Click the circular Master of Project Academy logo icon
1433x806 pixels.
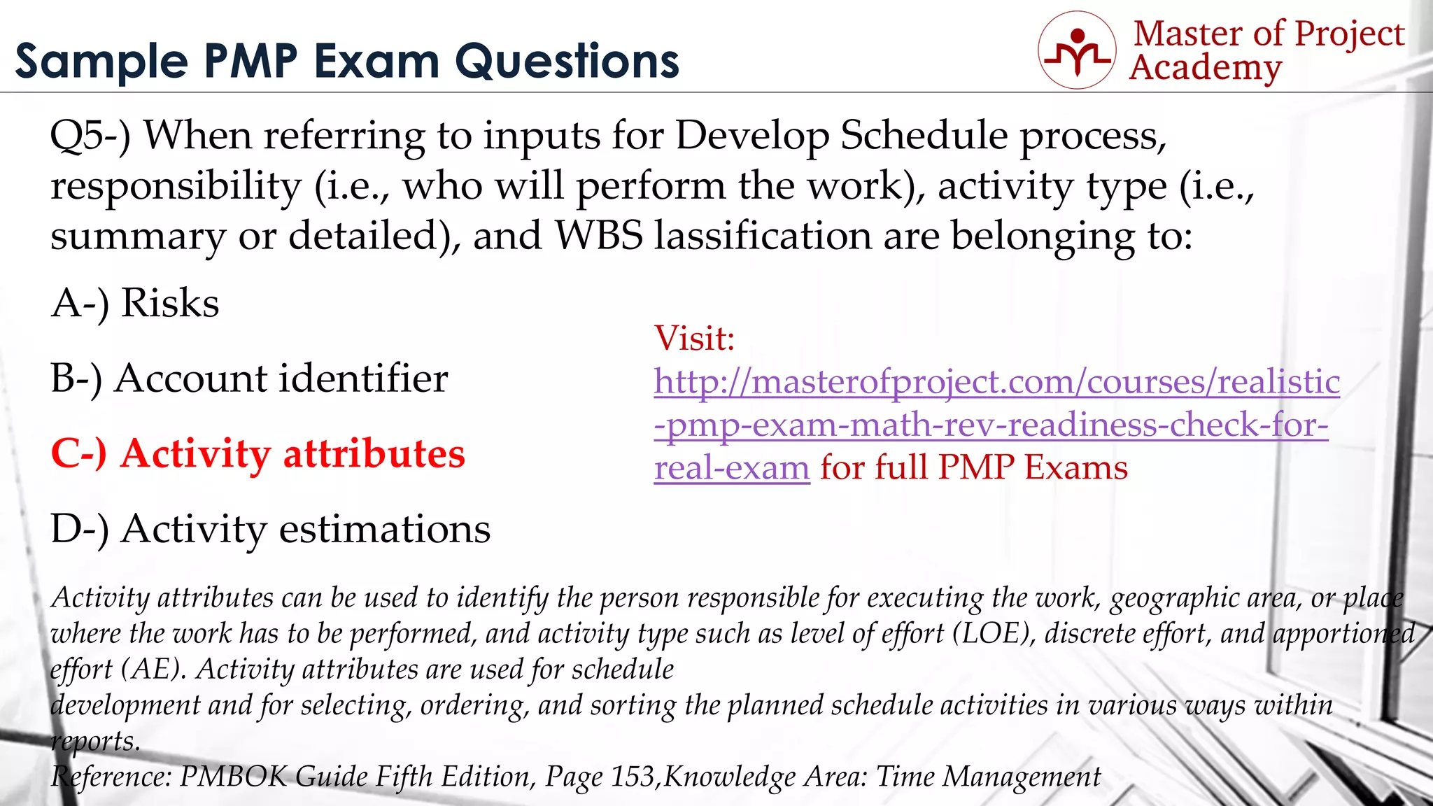(x=1077, y=50)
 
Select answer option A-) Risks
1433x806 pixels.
(x=135, y=304)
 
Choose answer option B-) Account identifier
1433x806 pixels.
(x=248, y=379)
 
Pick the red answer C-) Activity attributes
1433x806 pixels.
(x=257, y=453)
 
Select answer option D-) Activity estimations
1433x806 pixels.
(x=270, y=529)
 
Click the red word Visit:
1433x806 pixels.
(x=694, y=339)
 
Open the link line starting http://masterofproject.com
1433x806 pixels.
(x=996, y=382)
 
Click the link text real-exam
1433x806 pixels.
(x=731, y=467)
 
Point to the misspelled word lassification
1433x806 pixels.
(x=763, y=236)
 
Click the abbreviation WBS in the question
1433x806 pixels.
(x=598, y=236)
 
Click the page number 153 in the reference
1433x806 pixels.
(x=633, y=777)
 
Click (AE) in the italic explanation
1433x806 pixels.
(x=153, y=670)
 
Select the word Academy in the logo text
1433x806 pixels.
(x=1205, y=68)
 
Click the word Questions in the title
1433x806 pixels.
(x=567, y=61)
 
